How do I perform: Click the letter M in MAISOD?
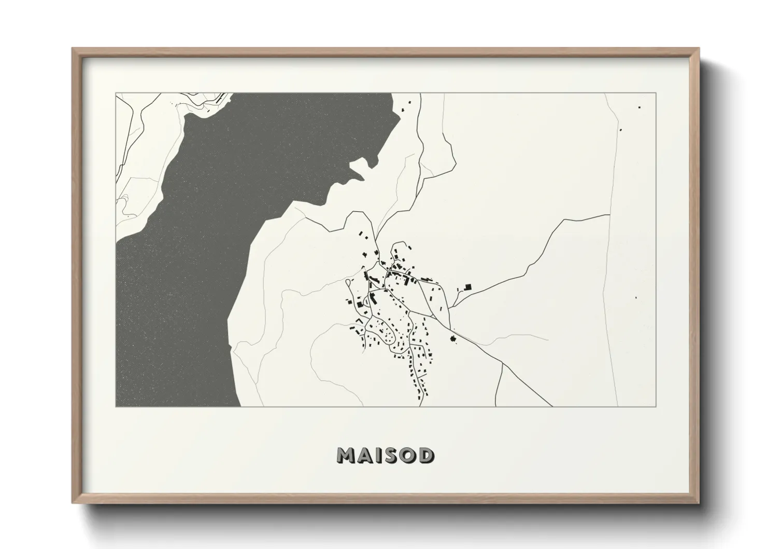[346, 456]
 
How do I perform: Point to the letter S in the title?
[392, 456]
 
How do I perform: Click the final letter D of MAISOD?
[427, 456]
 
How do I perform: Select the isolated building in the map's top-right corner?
[639, 107]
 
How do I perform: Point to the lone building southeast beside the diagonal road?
[453, 339]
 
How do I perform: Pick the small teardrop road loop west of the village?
[348, 283]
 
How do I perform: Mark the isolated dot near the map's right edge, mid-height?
[636, 297]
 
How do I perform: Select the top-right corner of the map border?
[656, 93]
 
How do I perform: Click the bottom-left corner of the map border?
[116, 407]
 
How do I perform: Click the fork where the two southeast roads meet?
[503, 364]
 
